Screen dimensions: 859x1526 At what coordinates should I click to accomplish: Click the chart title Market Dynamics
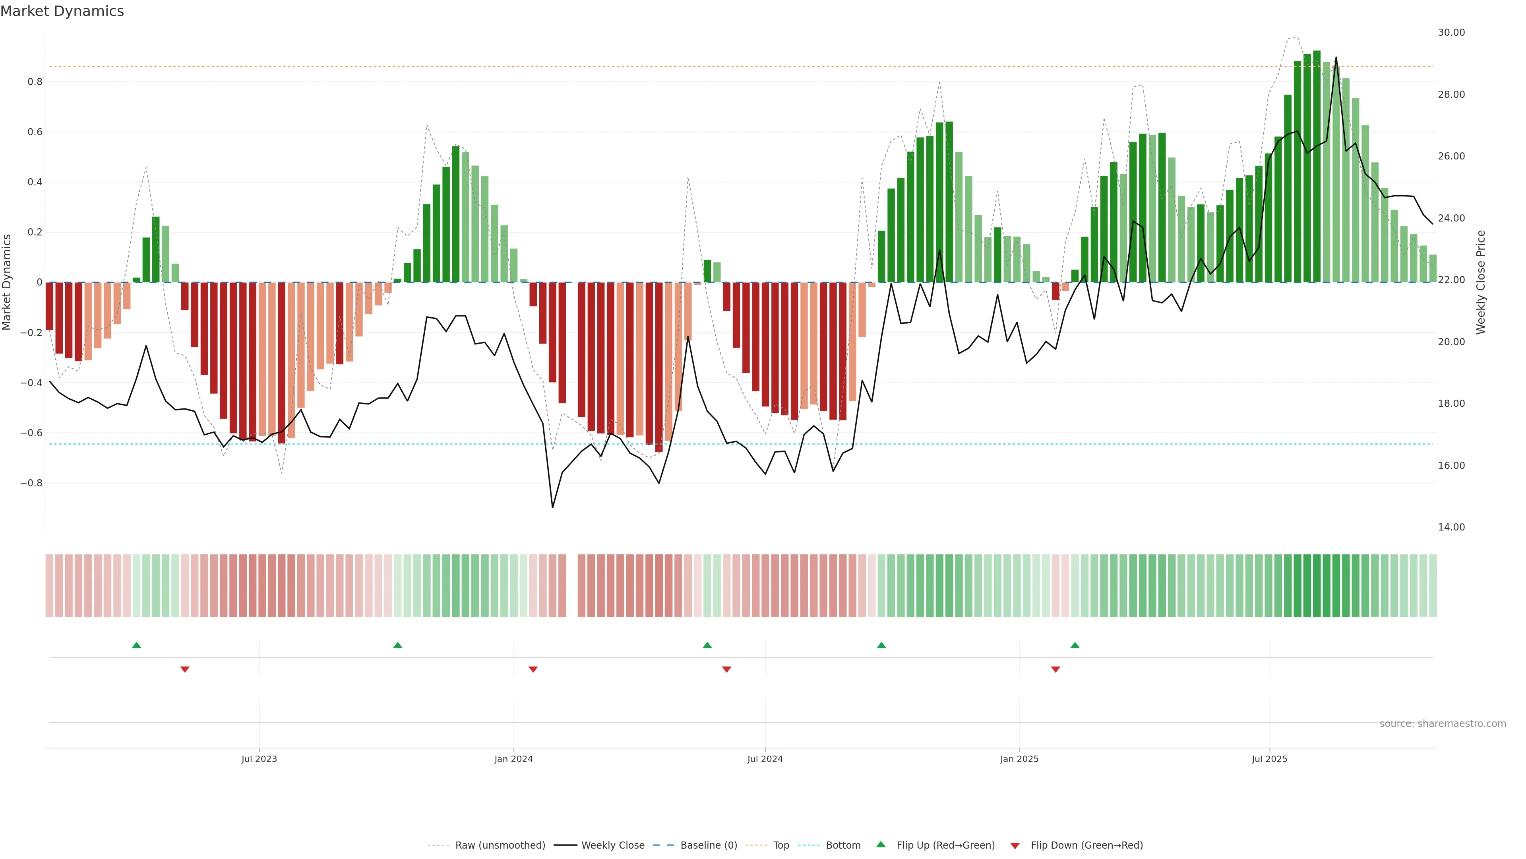coord(62,11)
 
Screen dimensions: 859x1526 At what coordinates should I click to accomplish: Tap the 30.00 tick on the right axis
coord(1451,33)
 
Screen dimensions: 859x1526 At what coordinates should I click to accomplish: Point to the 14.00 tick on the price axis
coord(1451,527)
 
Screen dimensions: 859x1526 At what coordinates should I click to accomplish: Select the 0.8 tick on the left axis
coord(35,82)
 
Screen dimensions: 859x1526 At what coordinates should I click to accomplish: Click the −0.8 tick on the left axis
coord(31,483)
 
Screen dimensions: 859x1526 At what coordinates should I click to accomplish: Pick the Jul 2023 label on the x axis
coord(259,759)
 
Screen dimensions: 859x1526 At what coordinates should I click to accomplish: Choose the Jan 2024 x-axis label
coord(513,759)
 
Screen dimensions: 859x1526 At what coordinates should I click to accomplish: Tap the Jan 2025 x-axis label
coord(1019,759)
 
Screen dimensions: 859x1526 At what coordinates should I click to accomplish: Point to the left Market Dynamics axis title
coord(7,282)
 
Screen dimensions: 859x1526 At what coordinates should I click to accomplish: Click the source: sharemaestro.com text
coord(1443,724)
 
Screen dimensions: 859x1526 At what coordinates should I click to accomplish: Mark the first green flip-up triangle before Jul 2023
coord(136,645)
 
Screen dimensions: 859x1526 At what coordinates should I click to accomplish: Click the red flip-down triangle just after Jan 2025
coord(1055,669)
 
